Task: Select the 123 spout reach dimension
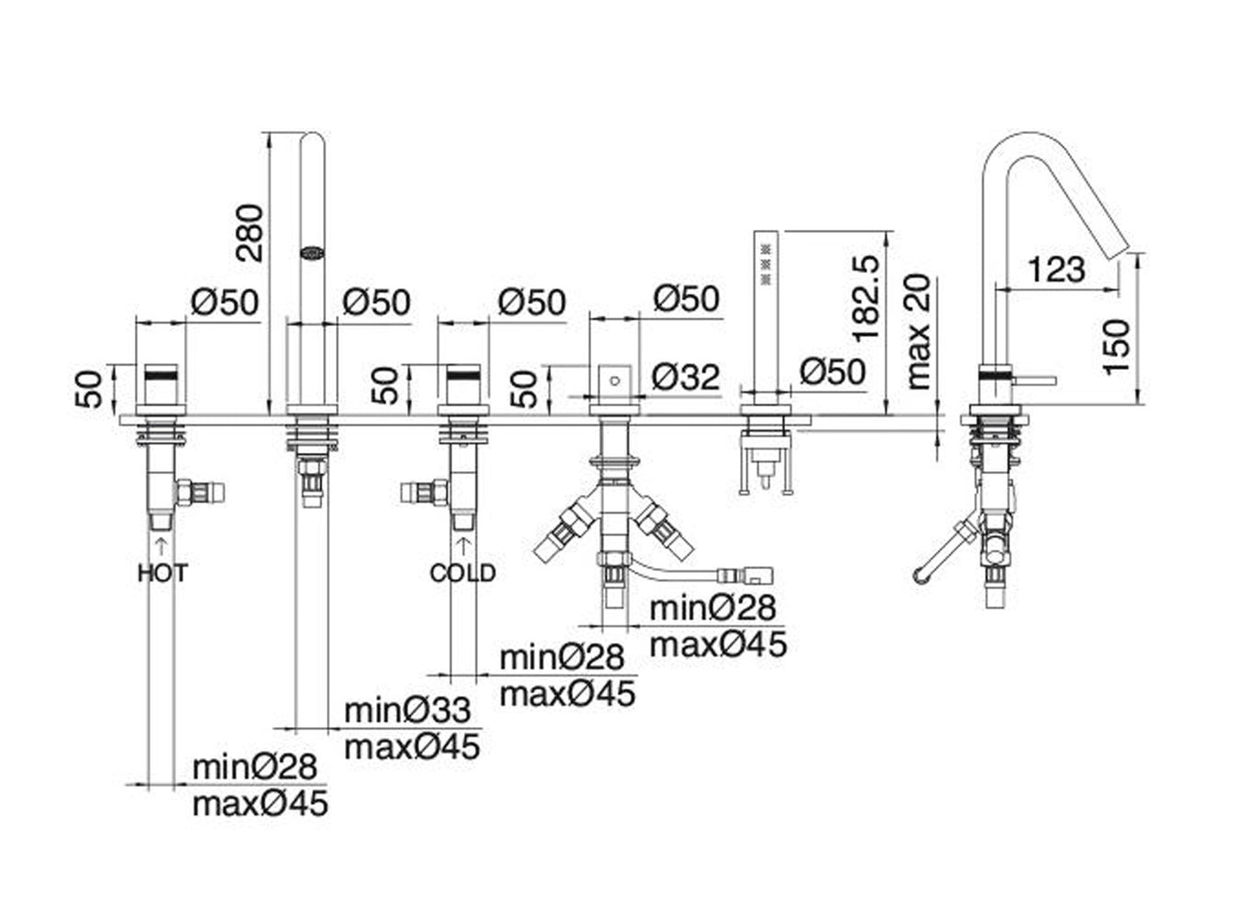pyautogui.click(x=1056, y=270)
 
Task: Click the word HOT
pyautogui.click(x=162, y=572)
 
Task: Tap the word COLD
pyautogui.click(x=463, y=572)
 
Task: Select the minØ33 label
pyautogui.click(x=407, y=711)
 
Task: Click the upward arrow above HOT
pyautogui.click(x=161, y=544)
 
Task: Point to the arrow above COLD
pyautogui.click(x=463, y=544)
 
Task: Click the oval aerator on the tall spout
pyautogui.click(x=311, y=253)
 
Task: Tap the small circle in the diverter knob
pyautogui.click(x=614, y=379)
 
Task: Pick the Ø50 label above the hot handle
pyautogui.click(x=224, y=303)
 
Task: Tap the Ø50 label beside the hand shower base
pyautogui.click(x=832, y=372)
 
